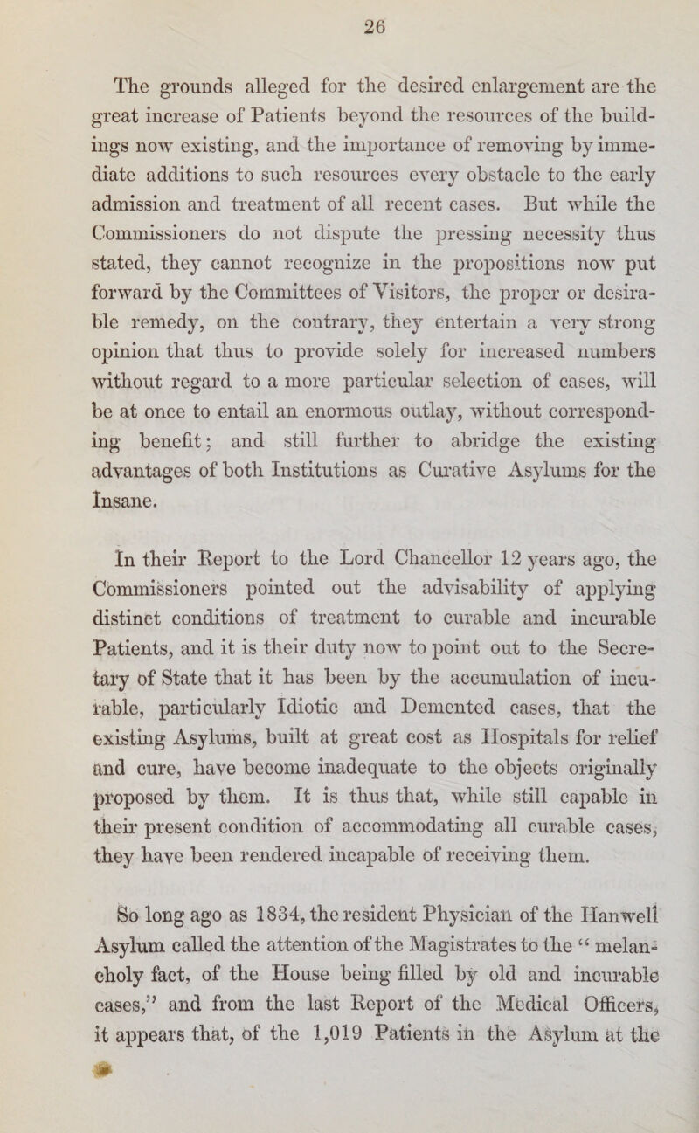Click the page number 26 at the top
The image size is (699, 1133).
coord(352,25)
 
